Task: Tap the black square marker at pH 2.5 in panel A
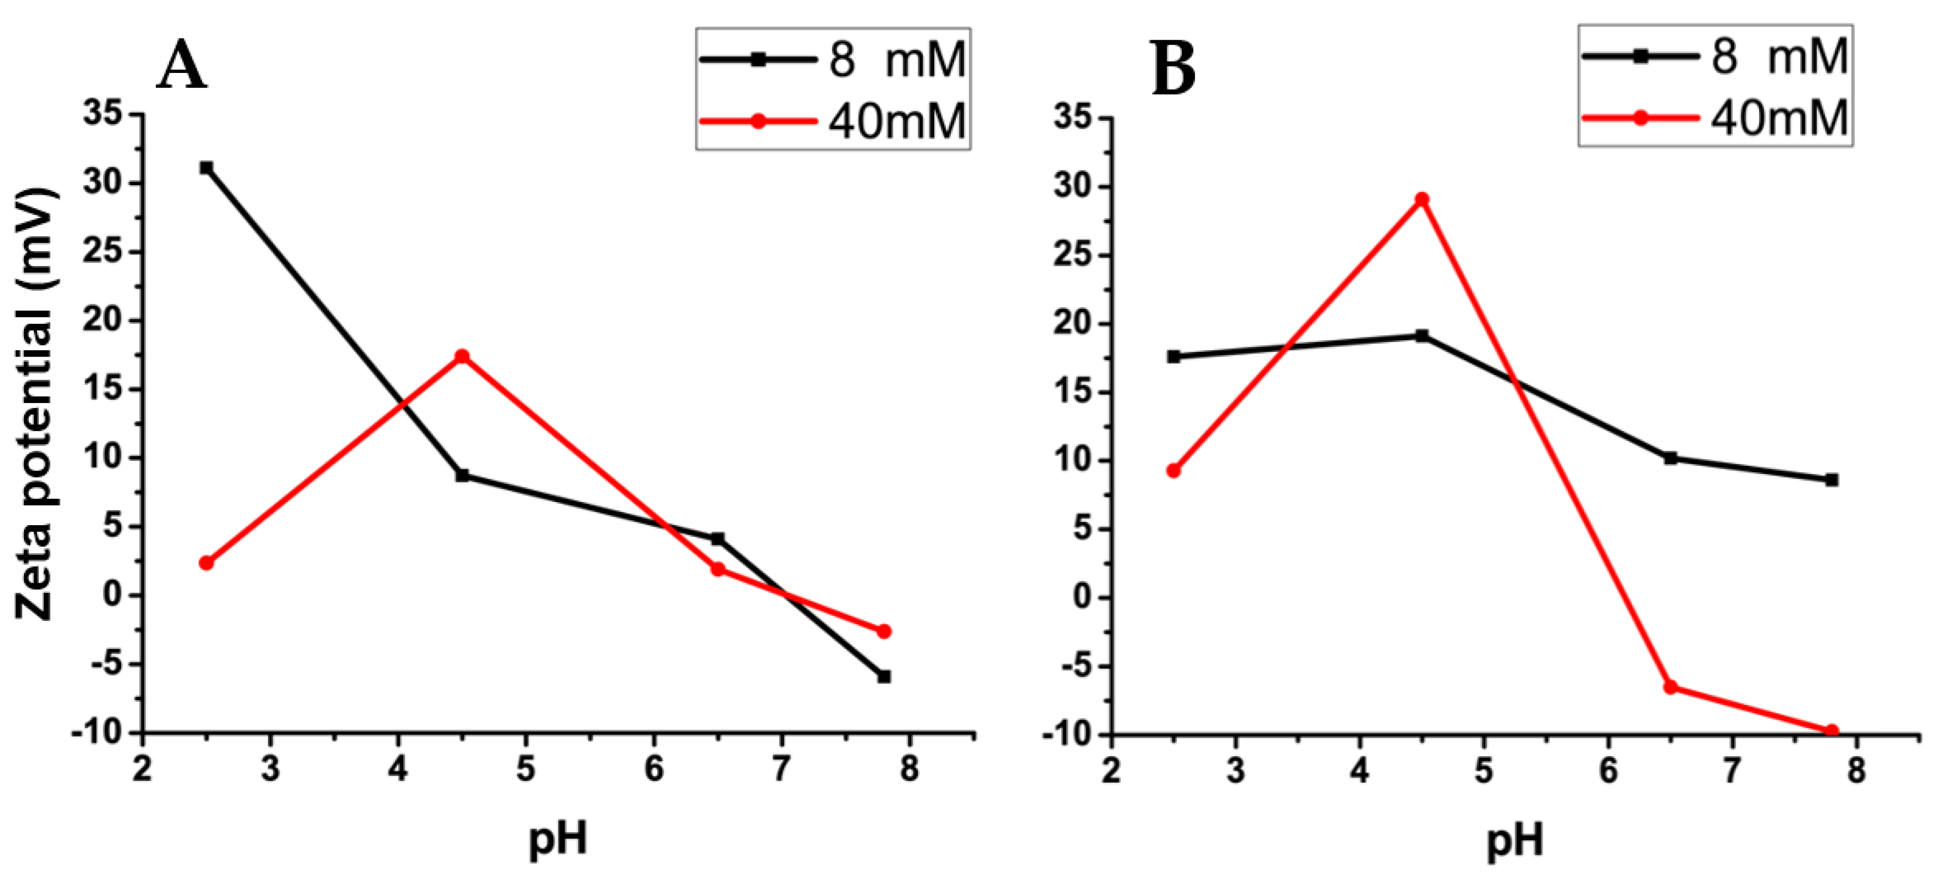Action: coord(206,167)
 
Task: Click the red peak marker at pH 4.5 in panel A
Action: coord(462,356)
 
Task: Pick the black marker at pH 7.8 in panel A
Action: coord(884,676)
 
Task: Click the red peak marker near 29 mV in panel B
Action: coord(1422,200)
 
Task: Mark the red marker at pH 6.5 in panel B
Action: coord(1670,687)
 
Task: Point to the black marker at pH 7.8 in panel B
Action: coord(1832,479)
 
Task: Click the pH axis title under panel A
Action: coord(558,838)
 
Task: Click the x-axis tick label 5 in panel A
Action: coord(525,770)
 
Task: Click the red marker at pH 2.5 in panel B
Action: coord(1173,470)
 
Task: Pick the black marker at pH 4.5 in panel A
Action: coord(462,475)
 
